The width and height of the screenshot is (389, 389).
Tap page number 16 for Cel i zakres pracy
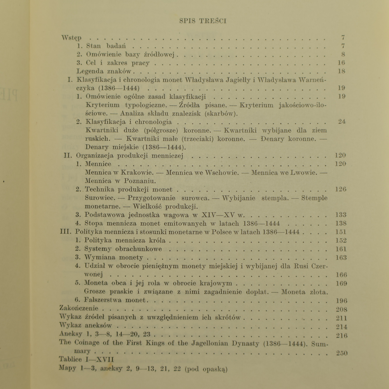click(342, 63)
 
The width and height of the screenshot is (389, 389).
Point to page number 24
click(342, 122)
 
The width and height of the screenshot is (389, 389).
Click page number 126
click(340, 189)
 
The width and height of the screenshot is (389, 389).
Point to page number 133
click(340, 215)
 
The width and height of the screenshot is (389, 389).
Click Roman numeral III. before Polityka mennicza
click(66, 232)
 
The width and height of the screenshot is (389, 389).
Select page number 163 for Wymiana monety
click(340, 258)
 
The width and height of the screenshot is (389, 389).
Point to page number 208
click(341, 310)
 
